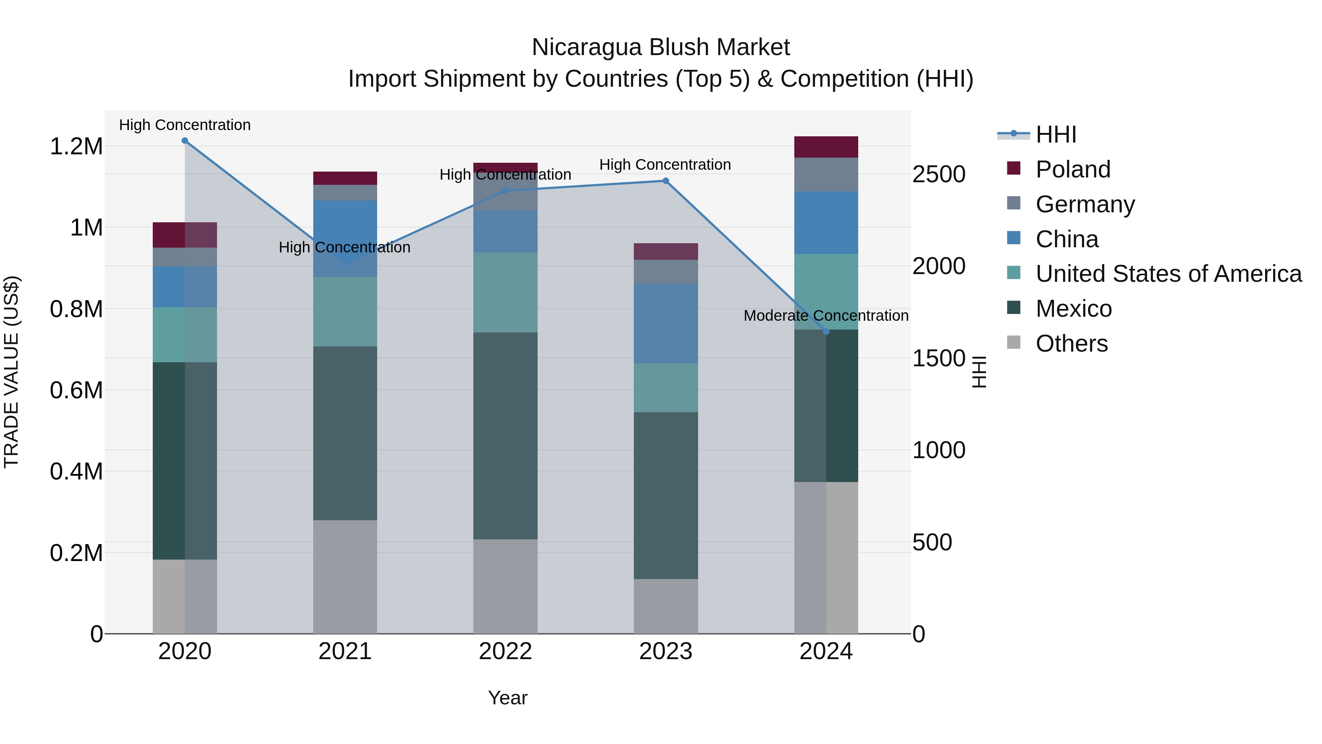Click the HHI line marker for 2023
tap(666, 181)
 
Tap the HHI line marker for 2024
tap(826, 332)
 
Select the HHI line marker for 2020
tap(185, 141)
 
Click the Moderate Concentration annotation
tap(826, 316)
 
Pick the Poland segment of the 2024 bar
tap(826, 147)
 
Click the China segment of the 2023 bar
tap(666, 323)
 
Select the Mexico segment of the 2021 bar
tap(345, 434)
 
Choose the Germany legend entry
tap(1084, 204)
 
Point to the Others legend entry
tap(1071, 344)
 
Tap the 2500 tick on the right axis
tap(939, 175)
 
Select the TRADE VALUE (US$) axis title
tap(11, 372)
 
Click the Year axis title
tap(508, 698)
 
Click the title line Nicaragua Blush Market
tap(661, 47)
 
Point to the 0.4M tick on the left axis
tap(76, 472)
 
